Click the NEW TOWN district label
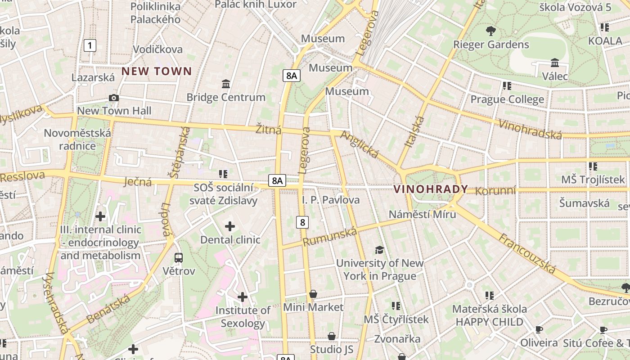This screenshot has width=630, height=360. (157, 71)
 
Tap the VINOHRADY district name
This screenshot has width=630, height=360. (431, 189)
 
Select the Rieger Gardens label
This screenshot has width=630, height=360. (491, 45)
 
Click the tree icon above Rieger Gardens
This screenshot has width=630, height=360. (491, 31)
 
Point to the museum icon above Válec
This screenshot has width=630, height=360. (554, 63)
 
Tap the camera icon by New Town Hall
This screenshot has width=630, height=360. (114, 98)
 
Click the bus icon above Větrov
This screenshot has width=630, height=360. (179, 258)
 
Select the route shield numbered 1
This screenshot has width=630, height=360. (90, 45)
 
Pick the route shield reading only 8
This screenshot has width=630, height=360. (302, 222)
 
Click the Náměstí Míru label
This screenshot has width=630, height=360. (422, 214)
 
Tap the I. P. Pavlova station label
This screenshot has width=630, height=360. (331, 200)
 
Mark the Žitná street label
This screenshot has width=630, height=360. (268, 130)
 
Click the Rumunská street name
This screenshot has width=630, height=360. (329, 237)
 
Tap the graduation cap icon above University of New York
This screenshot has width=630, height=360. (379, 250)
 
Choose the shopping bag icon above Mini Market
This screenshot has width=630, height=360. (313, 294)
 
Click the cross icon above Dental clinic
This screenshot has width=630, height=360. (230, 226)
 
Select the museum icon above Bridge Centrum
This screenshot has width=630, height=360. (226, 84)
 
